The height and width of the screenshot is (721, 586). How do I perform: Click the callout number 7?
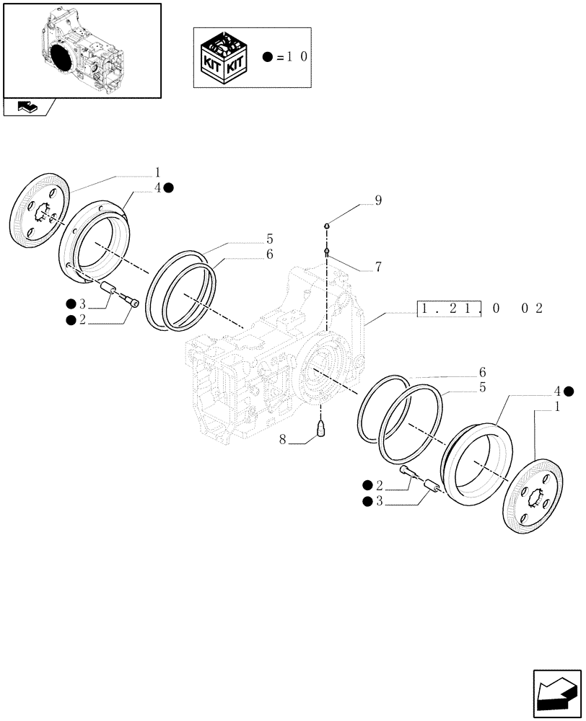pos(377,267)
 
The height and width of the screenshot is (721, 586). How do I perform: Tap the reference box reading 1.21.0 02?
pos(480,309)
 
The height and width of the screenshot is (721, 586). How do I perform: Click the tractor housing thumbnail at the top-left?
pos(82,50)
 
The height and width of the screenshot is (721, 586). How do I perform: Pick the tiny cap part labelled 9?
pos(327,225)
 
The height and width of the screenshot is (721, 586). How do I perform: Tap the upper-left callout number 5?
pos(249,239)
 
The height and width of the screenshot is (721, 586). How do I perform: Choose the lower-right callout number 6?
pos(480,372)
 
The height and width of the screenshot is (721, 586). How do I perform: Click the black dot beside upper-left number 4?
pos(168,188)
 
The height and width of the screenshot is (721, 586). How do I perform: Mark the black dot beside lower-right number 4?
pos(569,392)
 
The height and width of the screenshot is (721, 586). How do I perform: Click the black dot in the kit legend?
pos(268,57)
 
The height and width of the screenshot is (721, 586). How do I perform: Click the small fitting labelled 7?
pos(327,251)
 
